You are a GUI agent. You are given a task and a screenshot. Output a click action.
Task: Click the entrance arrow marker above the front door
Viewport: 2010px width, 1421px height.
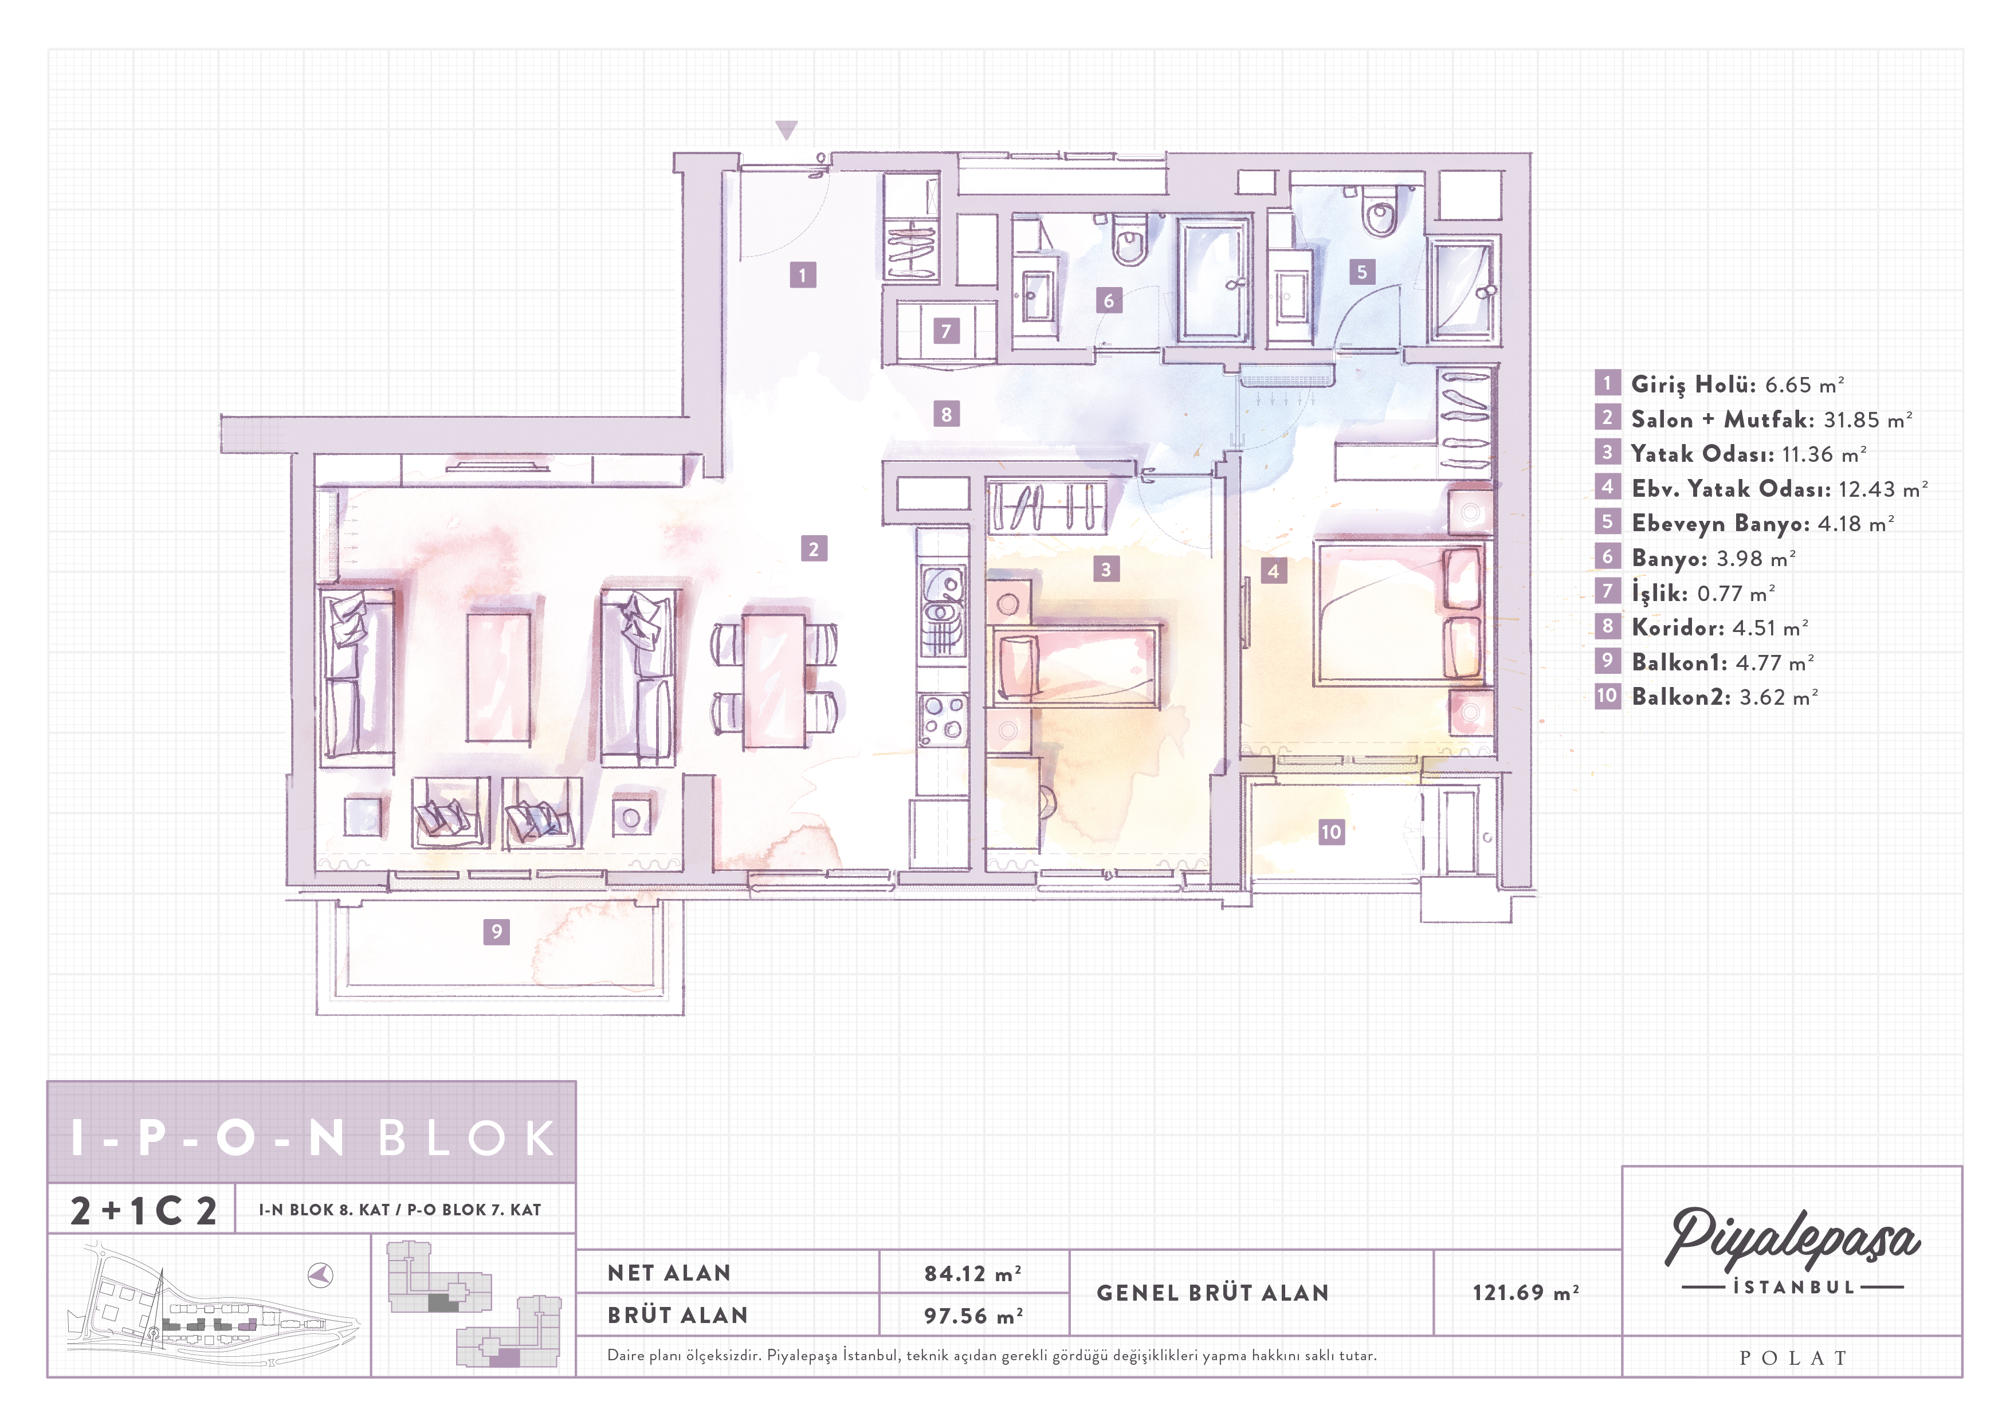786,129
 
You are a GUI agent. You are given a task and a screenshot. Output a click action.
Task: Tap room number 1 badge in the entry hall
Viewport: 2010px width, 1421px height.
802,275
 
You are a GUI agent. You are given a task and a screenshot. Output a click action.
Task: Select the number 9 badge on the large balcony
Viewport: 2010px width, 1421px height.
496,932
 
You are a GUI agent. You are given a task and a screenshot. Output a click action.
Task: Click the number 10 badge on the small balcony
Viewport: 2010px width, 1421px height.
1330,832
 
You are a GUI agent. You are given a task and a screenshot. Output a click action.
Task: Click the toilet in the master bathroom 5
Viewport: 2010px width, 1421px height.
1380,210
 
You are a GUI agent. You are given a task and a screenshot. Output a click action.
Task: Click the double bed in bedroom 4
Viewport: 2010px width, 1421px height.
1398,613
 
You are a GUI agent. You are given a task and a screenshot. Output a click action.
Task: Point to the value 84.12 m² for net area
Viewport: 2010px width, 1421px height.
972,1274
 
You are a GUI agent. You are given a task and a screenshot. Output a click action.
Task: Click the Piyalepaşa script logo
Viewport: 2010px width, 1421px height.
1792,1238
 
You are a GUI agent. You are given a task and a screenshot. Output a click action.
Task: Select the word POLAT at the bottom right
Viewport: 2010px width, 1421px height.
1793,1358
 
